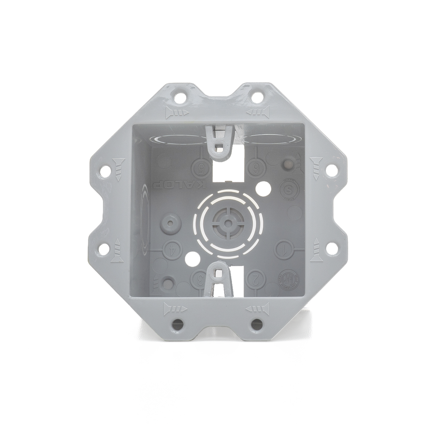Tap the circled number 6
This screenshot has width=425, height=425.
click(x=256, y=169)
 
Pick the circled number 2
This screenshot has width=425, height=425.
click(x=256, y=278)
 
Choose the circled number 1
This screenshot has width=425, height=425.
click(x=285, y=250)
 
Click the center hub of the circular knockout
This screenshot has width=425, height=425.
click(x=227, y=223)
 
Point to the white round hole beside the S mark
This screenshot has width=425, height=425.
click(x=263, y=189)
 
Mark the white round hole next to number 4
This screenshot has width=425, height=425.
click(x=193, y=259)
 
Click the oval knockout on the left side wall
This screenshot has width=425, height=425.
click(x=144, y=220)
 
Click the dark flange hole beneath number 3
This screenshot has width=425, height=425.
click(x=178, y=323)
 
